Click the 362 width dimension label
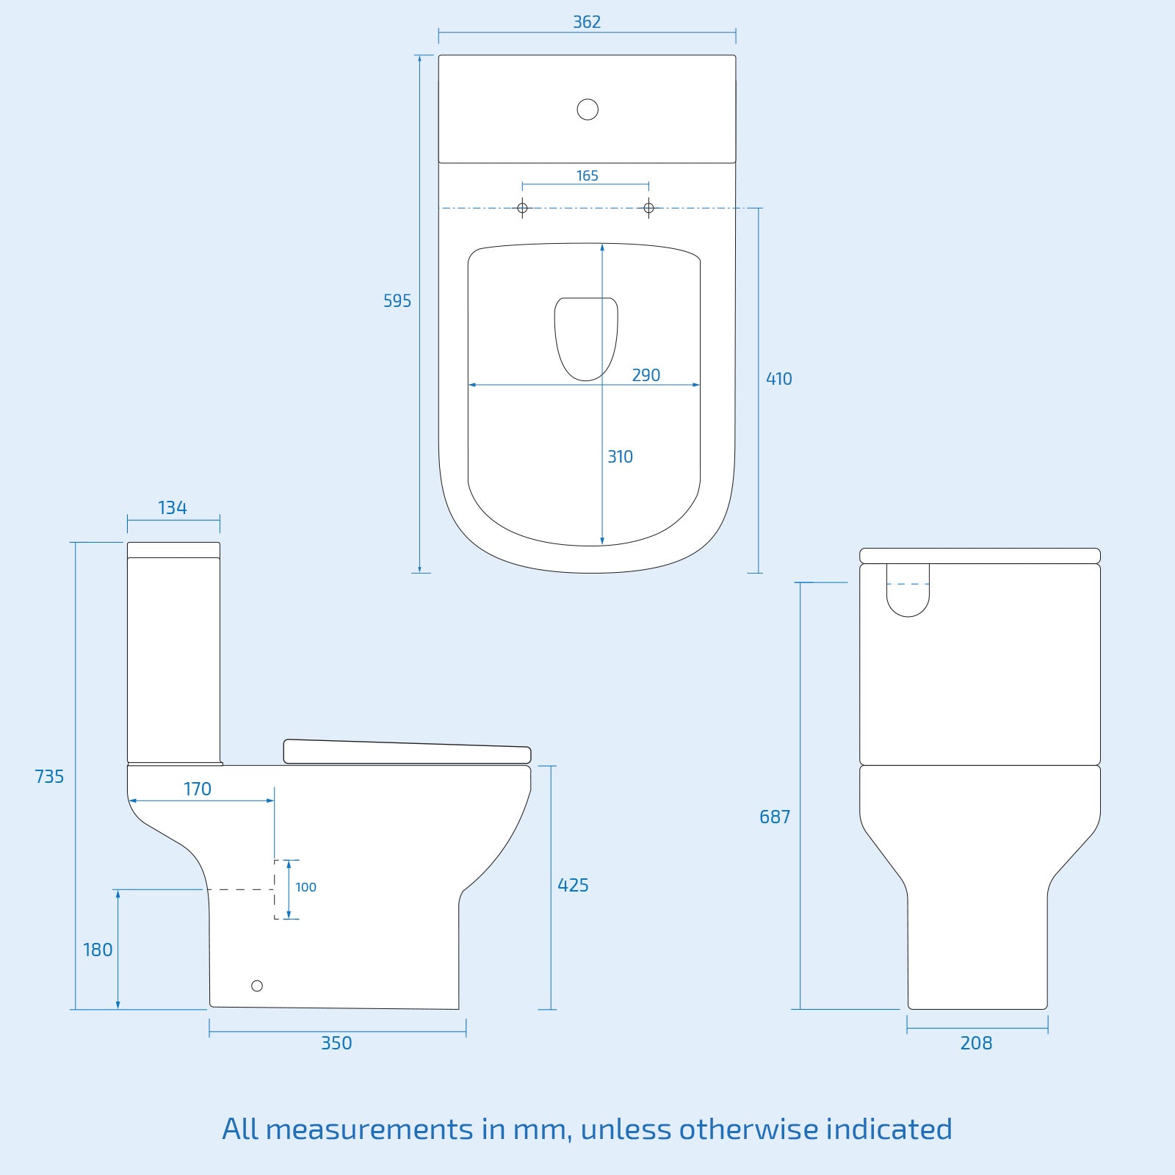(587, 22)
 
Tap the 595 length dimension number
(397, 300)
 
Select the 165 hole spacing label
(587, 176)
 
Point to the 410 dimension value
(778, 379)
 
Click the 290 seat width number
(646, 375)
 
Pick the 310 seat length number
(620, 457)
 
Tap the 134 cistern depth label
(173, 507)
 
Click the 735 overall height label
(49, 776)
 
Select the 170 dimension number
(197, 789)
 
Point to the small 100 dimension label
(305, 887)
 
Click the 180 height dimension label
(98, 950)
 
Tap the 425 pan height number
(573, 885)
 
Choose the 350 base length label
(336, 1043)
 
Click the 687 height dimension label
(775, 817)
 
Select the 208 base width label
(976, 1043)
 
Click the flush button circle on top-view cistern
(587, 109)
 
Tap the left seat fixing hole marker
(522, 208)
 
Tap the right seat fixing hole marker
(648, 208)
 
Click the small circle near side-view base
(257, 986)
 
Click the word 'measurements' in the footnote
(369, 1129)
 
